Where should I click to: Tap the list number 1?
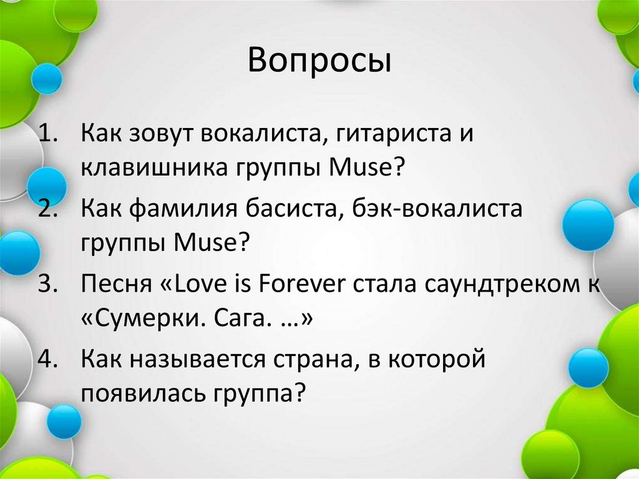pyautogui.click(x=48, y=133)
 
